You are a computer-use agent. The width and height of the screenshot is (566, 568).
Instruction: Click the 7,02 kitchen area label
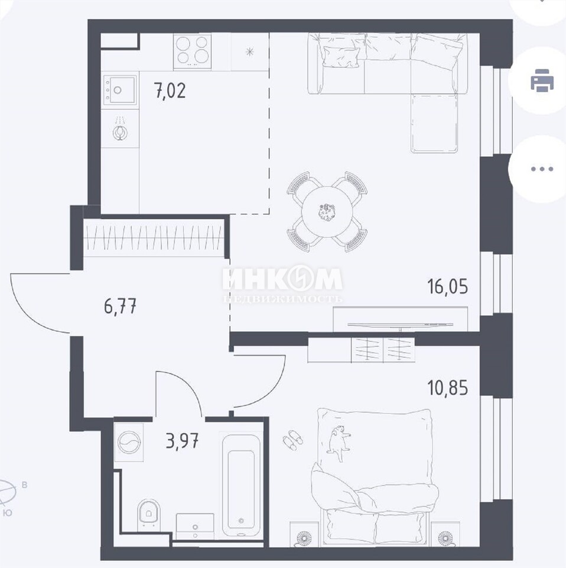(x=170, y=91)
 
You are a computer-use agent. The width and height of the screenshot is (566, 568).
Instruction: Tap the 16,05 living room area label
(x=447, y=286)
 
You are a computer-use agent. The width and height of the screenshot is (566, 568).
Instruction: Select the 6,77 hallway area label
(x=120, y=308)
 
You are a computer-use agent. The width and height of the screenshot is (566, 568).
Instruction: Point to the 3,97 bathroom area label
(x=182, y=441)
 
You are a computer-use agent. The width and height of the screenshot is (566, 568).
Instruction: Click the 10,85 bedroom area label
(x=447, y=388)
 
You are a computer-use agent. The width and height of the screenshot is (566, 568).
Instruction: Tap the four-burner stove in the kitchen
(x=192, y=51)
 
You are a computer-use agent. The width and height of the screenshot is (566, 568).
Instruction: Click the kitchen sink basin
(x=120, y=89)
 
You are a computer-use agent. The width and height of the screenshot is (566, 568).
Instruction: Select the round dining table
(x=327, y=212)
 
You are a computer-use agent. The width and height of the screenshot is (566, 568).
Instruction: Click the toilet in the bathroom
(x=149, y=514)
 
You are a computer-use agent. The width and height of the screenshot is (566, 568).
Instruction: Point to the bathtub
(x=240, y=485)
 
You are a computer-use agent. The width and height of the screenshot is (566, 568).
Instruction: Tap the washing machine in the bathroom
(x=129, y=443)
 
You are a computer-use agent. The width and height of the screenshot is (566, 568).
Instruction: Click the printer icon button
(x=541, y=80)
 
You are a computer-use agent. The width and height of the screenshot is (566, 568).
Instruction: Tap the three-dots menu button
(x=541, y=169)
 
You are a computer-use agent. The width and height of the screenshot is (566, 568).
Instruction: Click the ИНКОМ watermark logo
(x=282, y=283)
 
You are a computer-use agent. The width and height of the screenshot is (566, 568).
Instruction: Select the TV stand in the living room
(x=400, y=319)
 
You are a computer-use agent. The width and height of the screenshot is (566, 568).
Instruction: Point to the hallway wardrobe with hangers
(x=154, y=238)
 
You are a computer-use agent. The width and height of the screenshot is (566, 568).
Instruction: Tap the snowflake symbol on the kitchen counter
(x=249, y=52)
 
